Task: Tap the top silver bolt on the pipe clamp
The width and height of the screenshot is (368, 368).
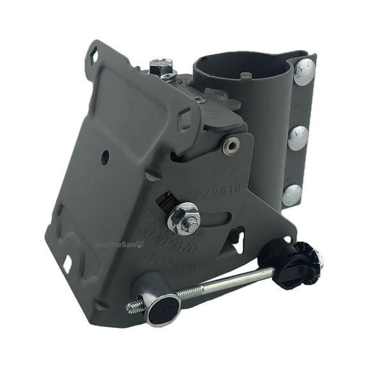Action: tap(305, 71)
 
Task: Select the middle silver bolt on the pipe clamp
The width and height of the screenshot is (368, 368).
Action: tap(298, 138)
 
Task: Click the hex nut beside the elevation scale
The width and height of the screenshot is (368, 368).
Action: tap(184, 220)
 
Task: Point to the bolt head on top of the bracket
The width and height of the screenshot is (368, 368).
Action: tap(161, 66)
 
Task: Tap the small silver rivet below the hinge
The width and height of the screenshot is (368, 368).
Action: tap(231, 146)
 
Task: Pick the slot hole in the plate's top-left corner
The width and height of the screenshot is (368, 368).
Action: tap(93, 56)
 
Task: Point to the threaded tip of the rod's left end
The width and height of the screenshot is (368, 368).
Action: tap(135, 307)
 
